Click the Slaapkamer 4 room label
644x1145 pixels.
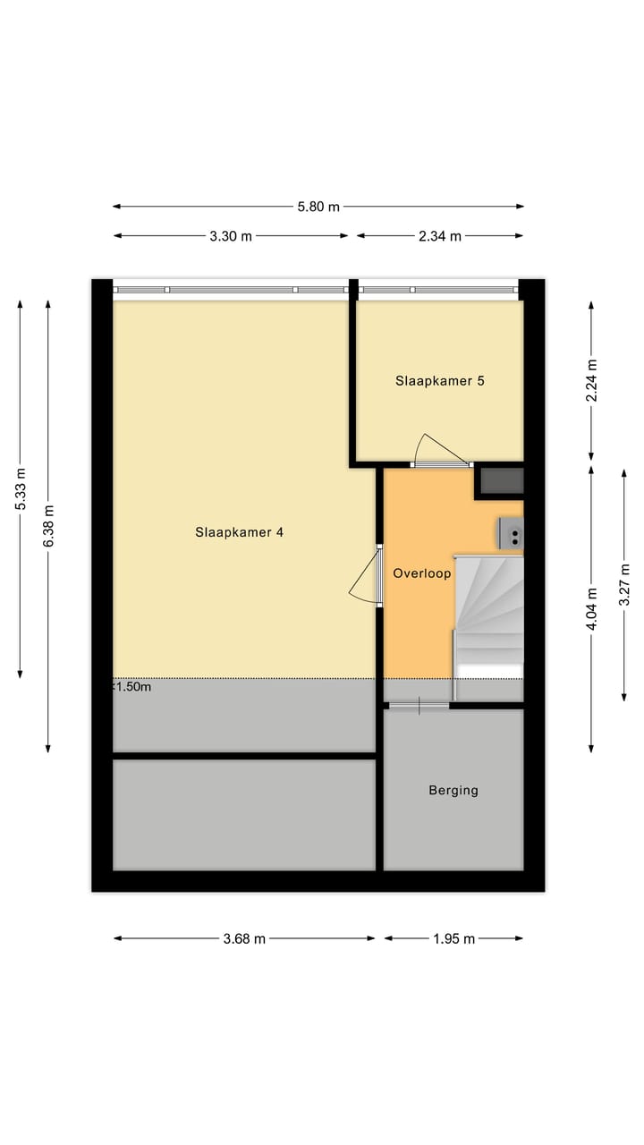click(x=239, y=532)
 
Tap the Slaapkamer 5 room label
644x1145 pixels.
click(x=440, y=380)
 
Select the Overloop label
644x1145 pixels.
click(x=422, y=573)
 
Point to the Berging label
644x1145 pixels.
click(x=453, y=790)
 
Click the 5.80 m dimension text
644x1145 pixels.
click(x=318, y=207)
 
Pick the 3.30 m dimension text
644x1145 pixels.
click(x=231, y=236)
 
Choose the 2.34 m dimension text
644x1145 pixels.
click(x=440, y=236)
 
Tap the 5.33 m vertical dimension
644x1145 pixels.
click(x=21, y=489)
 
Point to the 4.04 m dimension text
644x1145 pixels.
click(x=591, y=609)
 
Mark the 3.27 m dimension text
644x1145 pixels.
click(x=624, y=584)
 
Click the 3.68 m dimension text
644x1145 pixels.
click(x=243, y=938)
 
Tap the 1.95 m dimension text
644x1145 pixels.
click(x=453, y=938)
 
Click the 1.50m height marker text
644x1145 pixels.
click(x=131, y=687)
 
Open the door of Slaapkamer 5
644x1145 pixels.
click(x=438, y=451)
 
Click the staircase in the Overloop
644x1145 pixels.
click(x=488, y=617)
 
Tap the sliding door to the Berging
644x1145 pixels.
click(x=419, y=706)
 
